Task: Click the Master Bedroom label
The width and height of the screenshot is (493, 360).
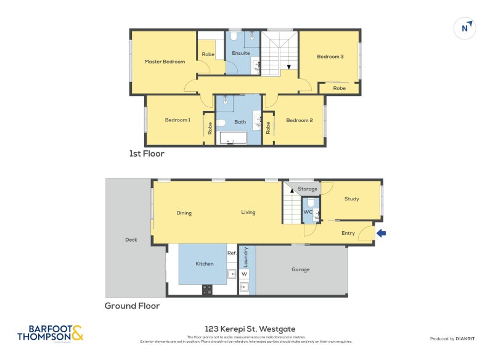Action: [x=165, y=62]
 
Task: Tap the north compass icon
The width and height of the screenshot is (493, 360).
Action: [x=466, y=28]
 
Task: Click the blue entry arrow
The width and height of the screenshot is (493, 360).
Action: [x=382, y=233]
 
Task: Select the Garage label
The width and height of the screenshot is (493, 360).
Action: [x=301, y=269]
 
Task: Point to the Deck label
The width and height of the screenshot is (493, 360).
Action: [x=131, y=240]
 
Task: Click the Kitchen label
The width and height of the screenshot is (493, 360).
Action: [x=205, y=264]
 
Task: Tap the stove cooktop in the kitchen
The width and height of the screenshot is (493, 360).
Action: [x=207, y=288]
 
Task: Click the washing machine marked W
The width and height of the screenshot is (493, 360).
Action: [x=245, y=274]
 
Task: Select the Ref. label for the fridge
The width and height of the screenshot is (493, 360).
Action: [x=232, y=253]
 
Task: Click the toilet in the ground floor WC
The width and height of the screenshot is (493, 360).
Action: [x=311, y=203]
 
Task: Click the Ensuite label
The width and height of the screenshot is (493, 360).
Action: [x=240, y=53]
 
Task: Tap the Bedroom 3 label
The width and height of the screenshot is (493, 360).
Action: [x=330, y=57]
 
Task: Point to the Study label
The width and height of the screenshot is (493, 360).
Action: [x=352, y=199]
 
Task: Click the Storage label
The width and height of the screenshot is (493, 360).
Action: [x=308, y=189]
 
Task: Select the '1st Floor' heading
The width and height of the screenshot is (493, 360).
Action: [x=147, y=154]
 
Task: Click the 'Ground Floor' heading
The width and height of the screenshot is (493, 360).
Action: [x=132, y=306]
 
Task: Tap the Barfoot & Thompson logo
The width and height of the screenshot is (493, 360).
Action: [x=50, y=333]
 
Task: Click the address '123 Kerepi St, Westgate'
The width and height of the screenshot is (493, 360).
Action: [x=246, y=329]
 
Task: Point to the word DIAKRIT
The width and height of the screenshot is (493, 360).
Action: [x=464, y=339]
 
